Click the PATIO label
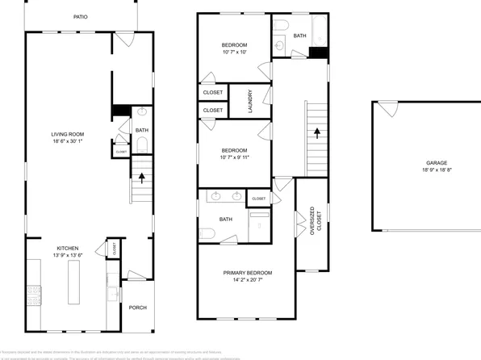(81, 16)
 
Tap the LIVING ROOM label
(68, 134)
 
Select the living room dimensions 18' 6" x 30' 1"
(68, 142)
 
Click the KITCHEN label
(67, 248)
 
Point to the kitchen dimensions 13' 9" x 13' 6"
(67, 256)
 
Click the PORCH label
(136, 308)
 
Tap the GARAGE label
(426, 163)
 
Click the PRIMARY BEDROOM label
(247, 273)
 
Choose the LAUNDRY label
(250, 100)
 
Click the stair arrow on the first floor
(142, 178)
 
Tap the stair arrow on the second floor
(316, 131)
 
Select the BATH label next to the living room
(141, 130)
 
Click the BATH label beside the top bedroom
(299, 36)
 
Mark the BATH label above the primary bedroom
(227, 219)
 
